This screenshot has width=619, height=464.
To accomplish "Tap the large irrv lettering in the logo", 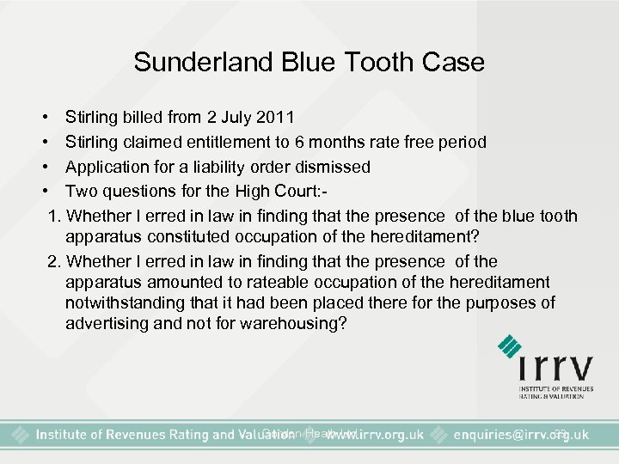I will (x=555, y=369).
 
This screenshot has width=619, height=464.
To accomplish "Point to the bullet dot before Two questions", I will (x=43, y=191).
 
